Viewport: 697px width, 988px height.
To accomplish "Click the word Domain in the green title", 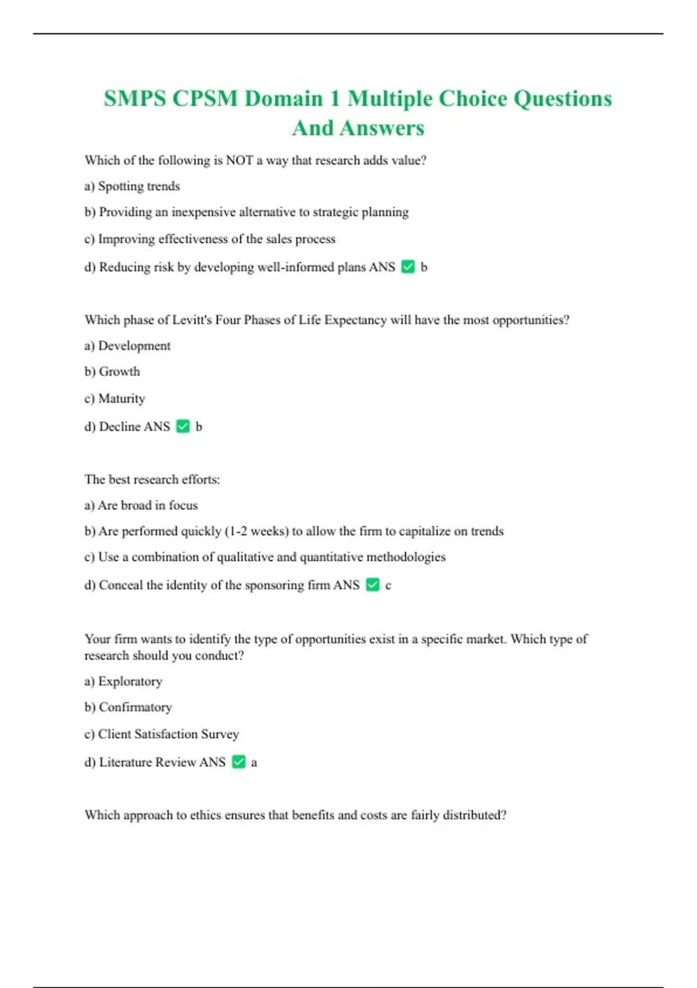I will [x=283, y=99].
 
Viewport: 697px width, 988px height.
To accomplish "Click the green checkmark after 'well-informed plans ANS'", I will [x=408, y=267].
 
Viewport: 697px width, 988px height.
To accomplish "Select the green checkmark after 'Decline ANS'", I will [x=183, y=427].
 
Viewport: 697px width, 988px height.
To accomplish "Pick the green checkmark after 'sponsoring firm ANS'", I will [x=373, y=585].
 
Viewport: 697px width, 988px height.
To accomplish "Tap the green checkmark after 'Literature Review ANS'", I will [x=239, y=762].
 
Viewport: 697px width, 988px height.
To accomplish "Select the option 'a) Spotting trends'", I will [x=132, y=187].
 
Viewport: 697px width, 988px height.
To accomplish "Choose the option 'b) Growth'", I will [x=112, y=372].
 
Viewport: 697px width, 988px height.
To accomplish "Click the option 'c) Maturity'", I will [x=114, y=399].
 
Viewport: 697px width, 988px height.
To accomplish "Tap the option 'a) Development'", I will [x=127, y=346].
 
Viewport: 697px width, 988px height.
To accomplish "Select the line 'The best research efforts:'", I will [x=152, y=479].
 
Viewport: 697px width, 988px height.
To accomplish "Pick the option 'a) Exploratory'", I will [x=123, y=681].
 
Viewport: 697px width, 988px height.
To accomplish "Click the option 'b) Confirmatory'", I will [x=128, y=707].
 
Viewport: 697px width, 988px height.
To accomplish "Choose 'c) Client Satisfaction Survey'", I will [x=161, y=734].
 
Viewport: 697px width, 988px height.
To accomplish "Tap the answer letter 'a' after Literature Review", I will [x=254, y=763].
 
